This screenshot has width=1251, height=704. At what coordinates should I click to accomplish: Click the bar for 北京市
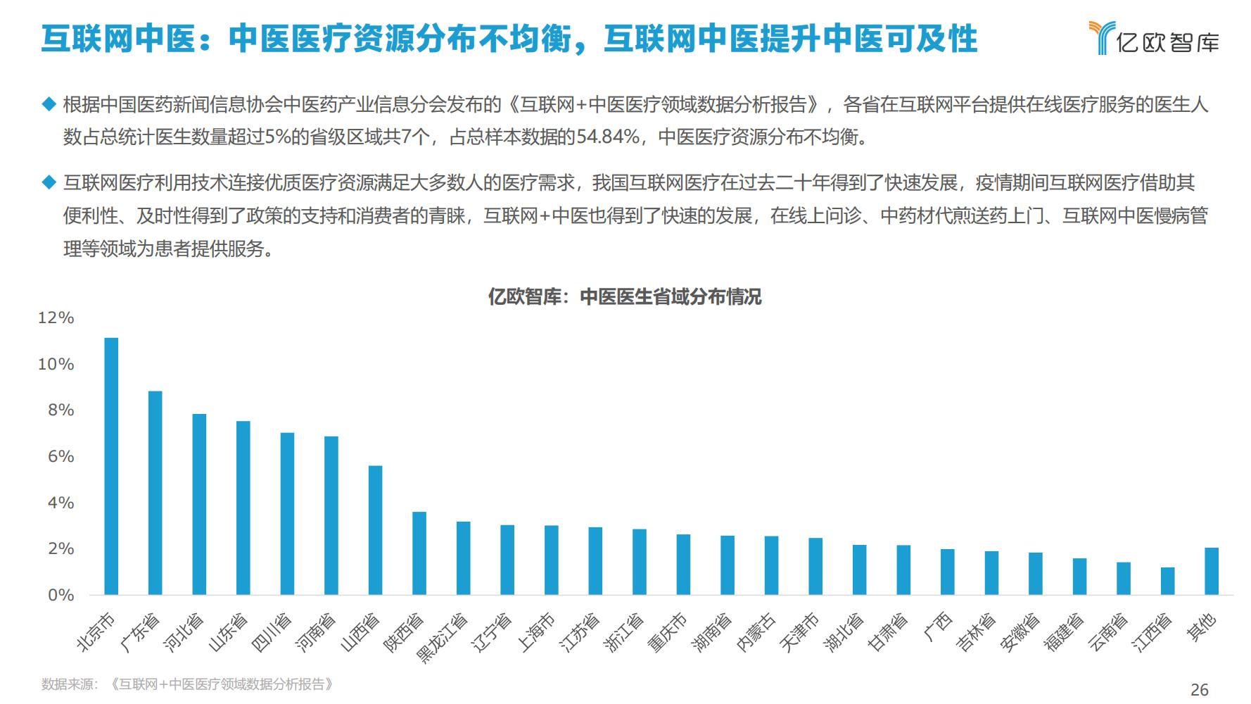tap(111, 466)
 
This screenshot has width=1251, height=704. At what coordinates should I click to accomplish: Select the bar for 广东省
tap(155, 493)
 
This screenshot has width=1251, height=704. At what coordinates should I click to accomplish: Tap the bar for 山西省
tap(375, 530)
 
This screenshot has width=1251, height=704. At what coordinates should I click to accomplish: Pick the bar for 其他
tap(1211, 571)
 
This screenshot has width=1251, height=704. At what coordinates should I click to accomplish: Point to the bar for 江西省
tap(1167, 581)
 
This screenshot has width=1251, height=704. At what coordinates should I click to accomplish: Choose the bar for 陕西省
tap(419, 553)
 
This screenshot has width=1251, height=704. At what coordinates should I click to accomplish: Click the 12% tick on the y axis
tap(56, 318)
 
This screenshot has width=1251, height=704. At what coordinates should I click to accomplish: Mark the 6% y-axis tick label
tap(60, 457)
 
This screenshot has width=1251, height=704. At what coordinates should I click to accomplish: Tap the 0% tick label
tap(60, 596)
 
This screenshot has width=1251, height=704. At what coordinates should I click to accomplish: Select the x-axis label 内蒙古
tap(757, 631)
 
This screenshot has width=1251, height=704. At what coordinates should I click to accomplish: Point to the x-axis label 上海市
tap(538, 631)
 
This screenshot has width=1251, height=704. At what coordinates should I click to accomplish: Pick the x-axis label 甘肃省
tap(889, 631)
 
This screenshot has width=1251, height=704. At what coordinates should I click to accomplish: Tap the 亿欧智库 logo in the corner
tap(1153, 38)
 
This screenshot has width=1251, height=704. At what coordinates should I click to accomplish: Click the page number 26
tap(1199, 689)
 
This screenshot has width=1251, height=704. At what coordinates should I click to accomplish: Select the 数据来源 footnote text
tap(187, 684)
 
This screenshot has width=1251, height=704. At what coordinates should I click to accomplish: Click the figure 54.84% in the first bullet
tap(608, 137)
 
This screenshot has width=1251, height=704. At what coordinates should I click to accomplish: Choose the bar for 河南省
tap(331, 515)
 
